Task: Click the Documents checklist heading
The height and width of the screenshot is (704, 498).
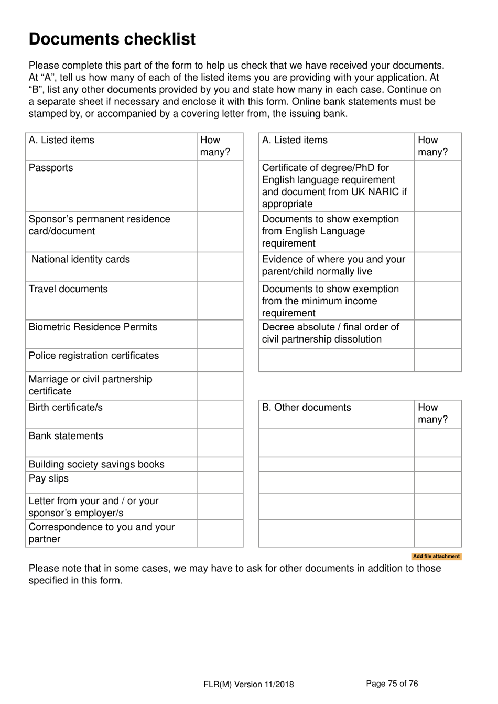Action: [112, 39]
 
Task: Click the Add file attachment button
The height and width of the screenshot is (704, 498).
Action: [436, 557]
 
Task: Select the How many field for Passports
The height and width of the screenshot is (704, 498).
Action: [220, 186]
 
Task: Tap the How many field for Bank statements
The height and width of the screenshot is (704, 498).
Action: [220, 443]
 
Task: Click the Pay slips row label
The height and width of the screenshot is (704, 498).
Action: [49, 479]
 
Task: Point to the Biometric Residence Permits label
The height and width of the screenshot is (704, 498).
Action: [93, 327]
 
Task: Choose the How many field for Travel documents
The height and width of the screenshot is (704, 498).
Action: [220, 301]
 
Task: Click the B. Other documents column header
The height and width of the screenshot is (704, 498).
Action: [307, 408]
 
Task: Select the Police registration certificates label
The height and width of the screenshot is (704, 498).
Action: [94, 356]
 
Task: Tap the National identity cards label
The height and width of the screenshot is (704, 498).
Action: [81, 260]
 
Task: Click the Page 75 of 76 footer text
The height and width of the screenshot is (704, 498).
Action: [392, 684]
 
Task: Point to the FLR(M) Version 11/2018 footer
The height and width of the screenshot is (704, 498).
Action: [248, 684]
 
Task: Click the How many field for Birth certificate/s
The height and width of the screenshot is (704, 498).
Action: [220, 415]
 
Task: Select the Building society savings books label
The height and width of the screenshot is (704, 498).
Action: [96, 464]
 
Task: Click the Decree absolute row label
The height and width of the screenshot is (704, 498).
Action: [330, 334]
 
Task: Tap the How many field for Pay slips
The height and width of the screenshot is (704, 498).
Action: [220, 483]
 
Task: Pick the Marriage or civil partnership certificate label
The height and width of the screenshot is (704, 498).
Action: [90, 386]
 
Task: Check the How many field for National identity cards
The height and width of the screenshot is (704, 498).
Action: [220, 267]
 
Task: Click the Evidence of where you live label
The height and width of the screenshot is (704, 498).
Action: [333, 265]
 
